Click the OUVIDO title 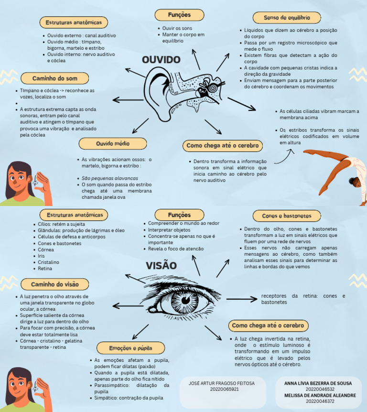point(161,60)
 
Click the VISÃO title point(161,266)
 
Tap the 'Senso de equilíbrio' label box point(286,18)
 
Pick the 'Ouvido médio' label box point(113,143)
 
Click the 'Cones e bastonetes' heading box point(286,216)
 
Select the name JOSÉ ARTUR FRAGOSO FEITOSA point(221,383)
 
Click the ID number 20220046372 point(320,401)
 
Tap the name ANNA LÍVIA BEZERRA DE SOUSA point(318,383)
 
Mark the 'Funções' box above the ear point(179,15)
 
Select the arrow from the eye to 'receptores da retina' point(241,299)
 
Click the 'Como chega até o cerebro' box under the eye point(268,325)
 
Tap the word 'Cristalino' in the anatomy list point(49,262)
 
